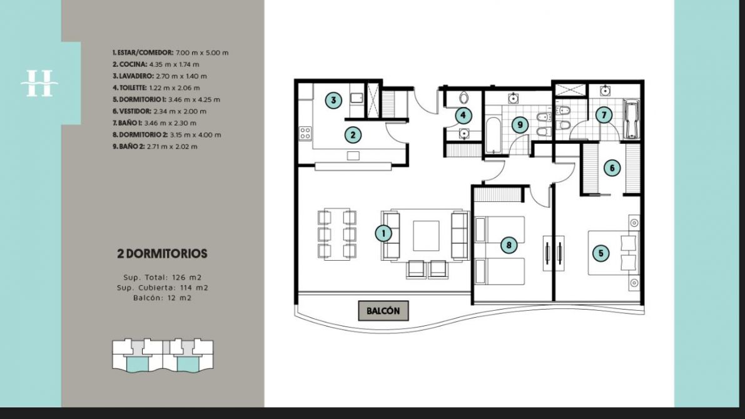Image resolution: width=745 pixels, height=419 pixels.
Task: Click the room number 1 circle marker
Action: tap(383, 233)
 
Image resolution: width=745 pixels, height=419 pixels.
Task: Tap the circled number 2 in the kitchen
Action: tap(353, 135)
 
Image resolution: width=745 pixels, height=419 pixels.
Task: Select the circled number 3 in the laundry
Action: tap(333, 100)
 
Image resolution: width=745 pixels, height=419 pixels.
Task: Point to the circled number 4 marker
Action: tap(463, 115)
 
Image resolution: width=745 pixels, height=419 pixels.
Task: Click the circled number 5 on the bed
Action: tap(601, 253)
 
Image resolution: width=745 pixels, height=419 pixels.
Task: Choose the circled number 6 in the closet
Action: tap(612, 168)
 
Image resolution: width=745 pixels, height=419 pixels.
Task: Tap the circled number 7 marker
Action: tap(604, 115)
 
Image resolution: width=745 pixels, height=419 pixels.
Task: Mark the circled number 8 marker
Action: tap(509, 245)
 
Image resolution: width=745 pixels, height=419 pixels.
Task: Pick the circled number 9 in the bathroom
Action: tap(520, 125)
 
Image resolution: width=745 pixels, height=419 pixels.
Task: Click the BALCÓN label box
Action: tap(383, 311)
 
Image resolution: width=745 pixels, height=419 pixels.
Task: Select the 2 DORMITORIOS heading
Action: tap(163, 254)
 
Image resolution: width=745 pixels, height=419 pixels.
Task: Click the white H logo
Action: tap(39, 84)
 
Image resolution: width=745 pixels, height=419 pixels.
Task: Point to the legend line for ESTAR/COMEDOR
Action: tap(171, 53)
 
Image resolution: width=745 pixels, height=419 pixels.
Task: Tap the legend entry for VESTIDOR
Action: tap(160, 111)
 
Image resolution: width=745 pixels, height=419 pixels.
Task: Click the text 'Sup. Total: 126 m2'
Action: tap(163, 278)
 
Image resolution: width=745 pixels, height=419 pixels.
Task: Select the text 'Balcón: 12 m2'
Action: tap(163, 298)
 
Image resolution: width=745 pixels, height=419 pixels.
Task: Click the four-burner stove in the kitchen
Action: tap(305, 133)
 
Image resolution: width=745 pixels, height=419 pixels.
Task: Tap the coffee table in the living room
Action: tap(426, 236)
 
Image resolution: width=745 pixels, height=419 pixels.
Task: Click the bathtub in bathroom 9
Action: tap(493, 135)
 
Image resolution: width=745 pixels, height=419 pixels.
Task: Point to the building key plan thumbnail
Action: tap(163, 355)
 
